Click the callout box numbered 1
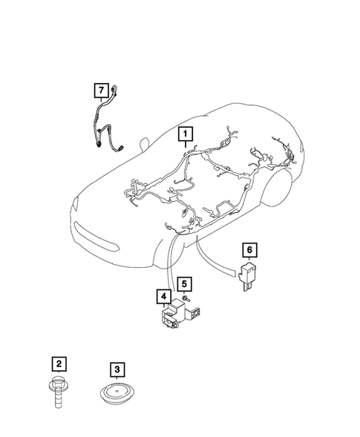[x=184, y=134]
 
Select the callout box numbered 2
[x=58, y=364]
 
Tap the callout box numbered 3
[x=116, y=369]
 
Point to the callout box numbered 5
[x=184, y=283]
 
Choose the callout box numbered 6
[x=249, y=249]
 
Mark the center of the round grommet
[x=117, y=392]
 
